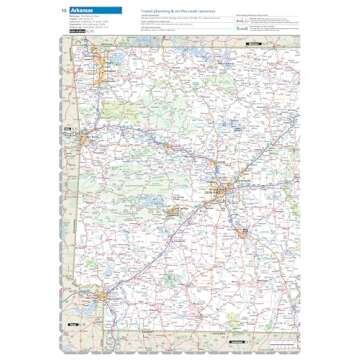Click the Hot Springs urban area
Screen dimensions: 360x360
tap(173, 212)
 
